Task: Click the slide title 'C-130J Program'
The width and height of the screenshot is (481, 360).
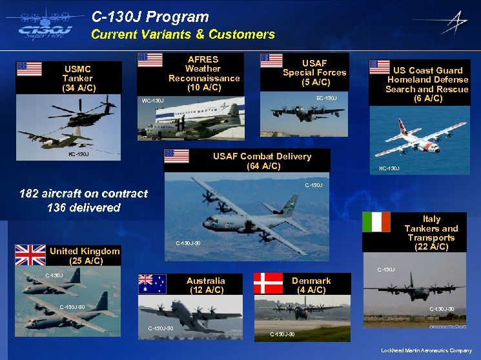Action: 150,17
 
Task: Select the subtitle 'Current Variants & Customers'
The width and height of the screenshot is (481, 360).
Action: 183,35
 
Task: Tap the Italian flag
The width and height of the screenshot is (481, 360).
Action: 377,222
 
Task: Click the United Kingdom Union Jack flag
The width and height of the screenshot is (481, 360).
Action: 30,255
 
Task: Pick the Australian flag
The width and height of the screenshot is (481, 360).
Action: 153,285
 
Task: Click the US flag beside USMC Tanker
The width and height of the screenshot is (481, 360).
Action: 30,69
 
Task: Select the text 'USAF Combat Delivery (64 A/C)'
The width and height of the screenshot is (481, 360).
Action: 262,161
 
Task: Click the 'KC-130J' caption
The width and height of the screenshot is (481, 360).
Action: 78,155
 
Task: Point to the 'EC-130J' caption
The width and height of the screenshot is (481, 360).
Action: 326,98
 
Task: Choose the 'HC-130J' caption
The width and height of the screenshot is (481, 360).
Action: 389,169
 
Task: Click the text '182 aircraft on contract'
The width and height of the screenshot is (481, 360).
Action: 83,194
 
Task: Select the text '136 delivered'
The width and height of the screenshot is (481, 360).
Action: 84,208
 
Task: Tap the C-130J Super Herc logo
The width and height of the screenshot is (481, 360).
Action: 42,26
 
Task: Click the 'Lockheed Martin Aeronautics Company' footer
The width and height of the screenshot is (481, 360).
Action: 426,350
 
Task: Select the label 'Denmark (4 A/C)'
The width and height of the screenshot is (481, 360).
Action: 311,285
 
